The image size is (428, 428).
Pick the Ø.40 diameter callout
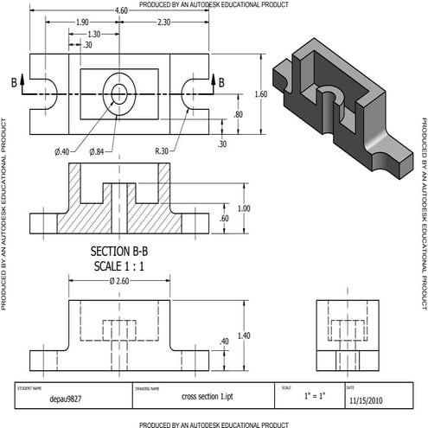point(63,152)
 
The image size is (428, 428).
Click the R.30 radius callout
point(162,152)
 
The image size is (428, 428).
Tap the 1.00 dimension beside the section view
point(245,208)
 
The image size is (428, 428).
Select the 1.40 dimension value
point(245,335)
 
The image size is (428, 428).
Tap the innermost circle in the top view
point(118,91)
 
